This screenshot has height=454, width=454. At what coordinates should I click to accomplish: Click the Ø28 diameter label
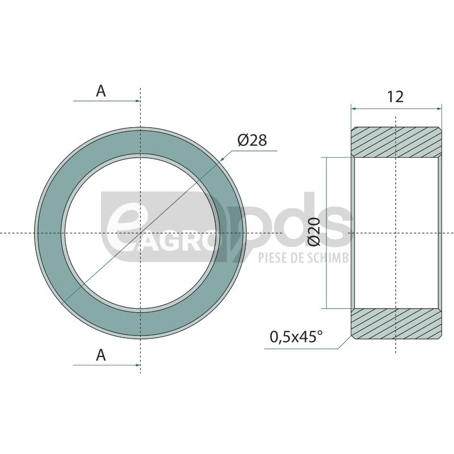(x=252, y=140)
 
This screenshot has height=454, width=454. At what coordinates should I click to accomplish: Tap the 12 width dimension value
(x=395, y=96)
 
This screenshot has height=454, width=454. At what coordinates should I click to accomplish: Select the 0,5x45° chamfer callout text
(x=296, y=337)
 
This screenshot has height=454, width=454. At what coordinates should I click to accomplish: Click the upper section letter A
(x=101, y=91)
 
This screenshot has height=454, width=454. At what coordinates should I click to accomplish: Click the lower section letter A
(x=101, y=355)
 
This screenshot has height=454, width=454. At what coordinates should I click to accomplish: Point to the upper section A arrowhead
(x=138, y=101)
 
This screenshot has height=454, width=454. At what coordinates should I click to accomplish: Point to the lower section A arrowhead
(x=138, y=365)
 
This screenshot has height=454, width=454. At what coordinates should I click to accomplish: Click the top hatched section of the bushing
(x=396, y=142)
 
